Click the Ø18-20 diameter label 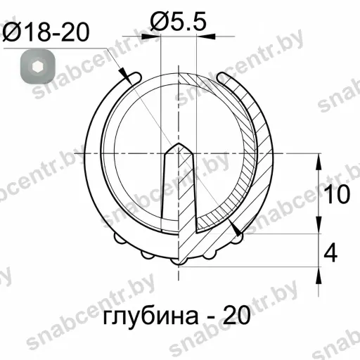(x=46, y=32)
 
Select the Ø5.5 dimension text (x=179, y=22)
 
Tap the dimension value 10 (x=337, y=194)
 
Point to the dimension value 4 (x=330, y=253)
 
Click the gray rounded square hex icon (x=38, y=67)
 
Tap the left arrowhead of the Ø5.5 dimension (x=150, y=37)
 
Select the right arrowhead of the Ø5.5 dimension (x=205, y=37)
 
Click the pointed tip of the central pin (x=179, y=143)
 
